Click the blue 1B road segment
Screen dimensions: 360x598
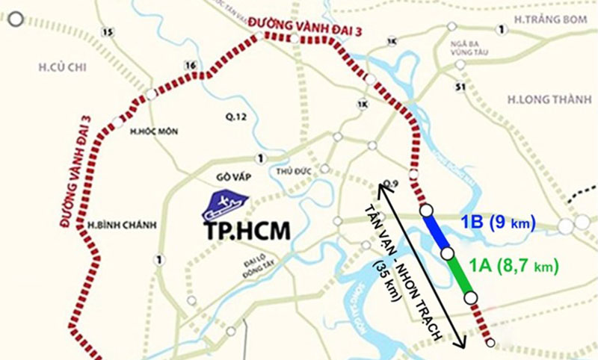(x=437, y=233)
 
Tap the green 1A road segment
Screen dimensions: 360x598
(x=459, y=276)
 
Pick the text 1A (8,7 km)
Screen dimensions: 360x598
(x=514, y=265)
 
